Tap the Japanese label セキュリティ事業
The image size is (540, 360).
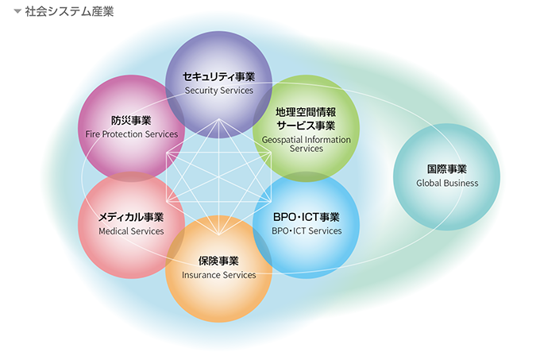click(218, 77)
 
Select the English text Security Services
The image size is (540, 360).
click(218, 91)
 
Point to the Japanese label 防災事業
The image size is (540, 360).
click(131, 121)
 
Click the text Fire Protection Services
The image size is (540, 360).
click(132, 134)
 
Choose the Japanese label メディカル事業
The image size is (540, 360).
click(131, 217)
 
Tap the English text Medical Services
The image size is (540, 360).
click(131, 231)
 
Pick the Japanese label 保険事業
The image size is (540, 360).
click(218, 261)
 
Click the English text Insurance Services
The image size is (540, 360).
click(218, 275)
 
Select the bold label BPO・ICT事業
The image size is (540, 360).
click(306, 217)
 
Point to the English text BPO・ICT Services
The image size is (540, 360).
click(306, 231)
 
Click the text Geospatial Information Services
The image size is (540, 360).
click(306, 144)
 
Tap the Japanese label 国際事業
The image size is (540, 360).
click(447, 169)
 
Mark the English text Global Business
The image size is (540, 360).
click(447, 183)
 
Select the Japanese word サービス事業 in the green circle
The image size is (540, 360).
click(306, 126)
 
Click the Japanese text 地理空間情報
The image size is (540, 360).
click(306, 112)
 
